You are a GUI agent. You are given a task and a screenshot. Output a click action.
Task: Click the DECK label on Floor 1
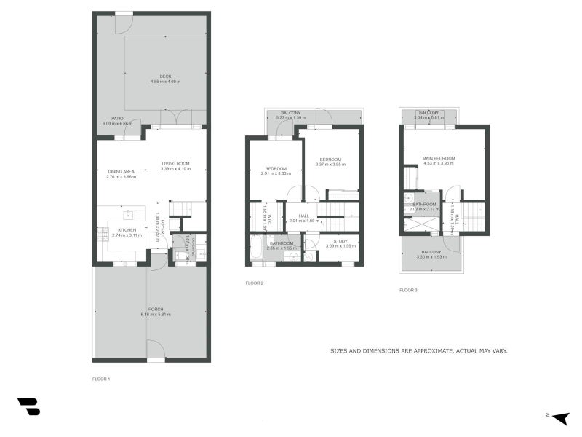tap(165, 76)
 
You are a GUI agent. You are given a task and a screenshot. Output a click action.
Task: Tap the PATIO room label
tap(117, 118)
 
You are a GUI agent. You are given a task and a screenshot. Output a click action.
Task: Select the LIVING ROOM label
tap(175, 164)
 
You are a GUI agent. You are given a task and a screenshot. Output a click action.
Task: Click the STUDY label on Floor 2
tap(340, 240)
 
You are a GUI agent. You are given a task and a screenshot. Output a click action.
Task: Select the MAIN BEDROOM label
tap(438, 158)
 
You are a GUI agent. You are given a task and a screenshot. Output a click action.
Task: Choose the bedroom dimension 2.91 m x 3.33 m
tap(276, 173)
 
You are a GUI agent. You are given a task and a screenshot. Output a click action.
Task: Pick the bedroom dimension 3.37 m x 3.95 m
tap(331, 165)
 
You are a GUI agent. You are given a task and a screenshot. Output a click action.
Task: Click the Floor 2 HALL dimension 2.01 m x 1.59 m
tap(304, 221)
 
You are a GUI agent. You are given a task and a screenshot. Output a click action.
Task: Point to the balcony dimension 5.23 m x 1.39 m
tap(290, 117)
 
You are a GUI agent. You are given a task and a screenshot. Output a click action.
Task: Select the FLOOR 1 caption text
tap(101, 379)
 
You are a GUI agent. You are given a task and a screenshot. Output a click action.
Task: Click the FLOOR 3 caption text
tap(408, 290)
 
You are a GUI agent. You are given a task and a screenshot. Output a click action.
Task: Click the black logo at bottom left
tap(28, 406)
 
